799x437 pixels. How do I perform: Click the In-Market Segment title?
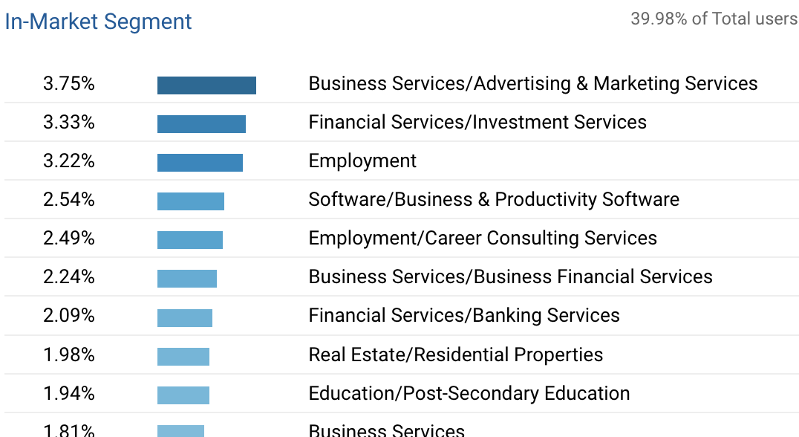coord(98,22)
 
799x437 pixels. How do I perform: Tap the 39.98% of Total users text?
coord(714,19)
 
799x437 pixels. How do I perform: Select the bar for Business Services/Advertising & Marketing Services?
coord(206,85)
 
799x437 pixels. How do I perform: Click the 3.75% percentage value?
coord(69,84)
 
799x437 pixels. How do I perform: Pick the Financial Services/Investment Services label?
coord(477,123)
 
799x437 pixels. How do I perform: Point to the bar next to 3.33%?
coord(201,124)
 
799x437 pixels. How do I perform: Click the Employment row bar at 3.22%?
coord(200,163)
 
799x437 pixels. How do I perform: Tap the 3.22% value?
coord(69,161)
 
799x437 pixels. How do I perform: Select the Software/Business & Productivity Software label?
coord(494,200)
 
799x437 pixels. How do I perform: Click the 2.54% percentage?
coord(69,200)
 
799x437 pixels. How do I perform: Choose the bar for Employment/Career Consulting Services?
coord(190,240)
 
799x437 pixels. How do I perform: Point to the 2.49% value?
coord(69,239)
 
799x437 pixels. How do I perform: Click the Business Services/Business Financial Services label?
coord(510,277)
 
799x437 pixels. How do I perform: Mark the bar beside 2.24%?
coord(187,279)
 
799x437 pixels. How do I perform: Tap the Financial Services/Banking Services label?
coord(464,316)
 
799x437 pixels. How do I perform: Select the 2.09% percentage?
coord(69,316)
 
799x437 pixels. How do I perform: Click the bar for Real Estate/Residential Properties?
coord(183,356)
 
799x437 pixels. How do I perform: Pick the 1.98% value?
coord(69,355)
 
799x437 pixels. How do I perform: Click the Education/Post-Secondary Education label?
coord(469,393)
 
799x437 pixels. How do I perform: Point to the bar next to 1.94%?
coord(183,395)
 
